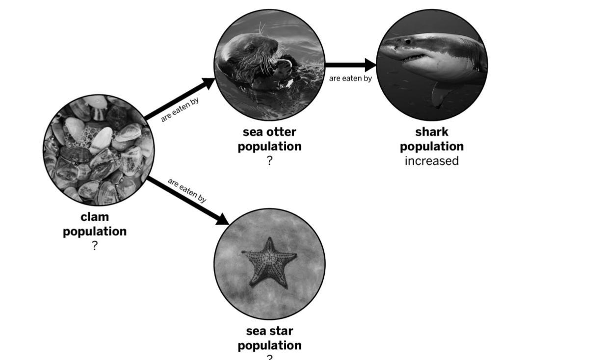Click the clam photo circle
(x=98, y=150)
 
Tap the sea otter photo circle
(x=269, y=65)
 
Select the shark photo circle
(x=432, y=65)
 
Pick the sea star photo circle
(x=269, y=263)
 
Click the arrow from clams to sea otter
(x=180, y=99)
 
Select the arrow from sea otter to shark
(x=350, y=64)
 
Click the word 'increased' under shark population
(x=432, y=161)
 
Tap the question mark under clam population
(x=95, y=246)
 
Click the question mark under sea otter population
(x=269, y=161)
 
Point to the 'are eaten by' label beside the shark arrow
(x=350, y=78)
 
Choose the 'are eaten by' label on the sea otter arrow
(x=180, y=111)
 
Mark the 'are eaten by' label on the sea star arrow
(x=187, y=190)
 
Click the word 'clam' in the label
(x=95, y=217)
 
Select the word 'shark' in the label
(x=432, y=132)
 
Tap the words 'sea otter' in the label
(x=269, y=132)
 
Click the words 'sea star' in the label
(x=269, y=331)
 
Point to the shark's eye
(x=408, y=42)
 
